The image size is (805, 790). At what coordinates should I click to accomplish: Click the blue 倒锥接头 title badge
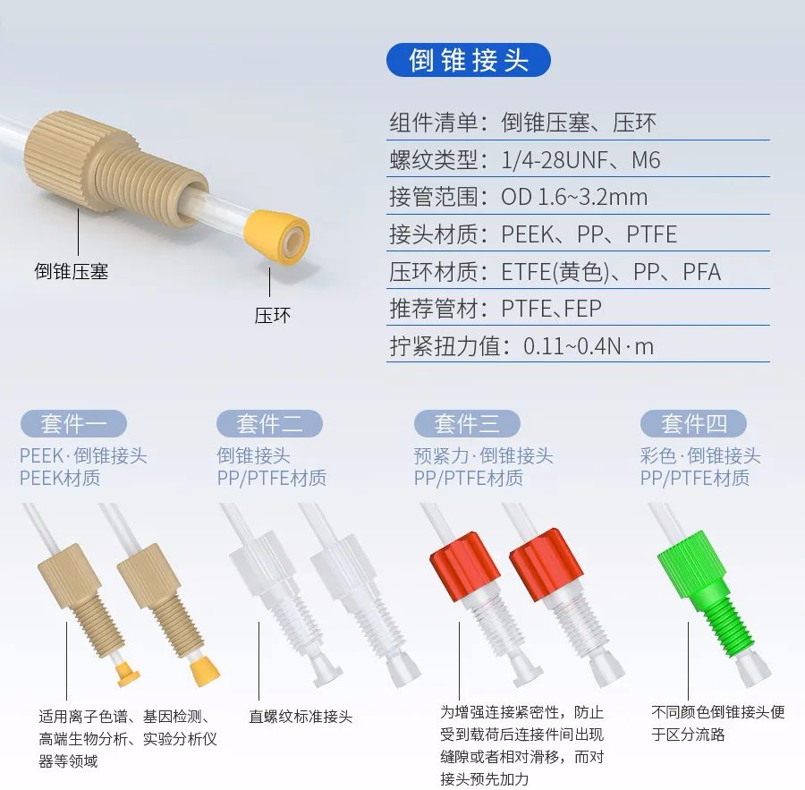(x=468, y=60)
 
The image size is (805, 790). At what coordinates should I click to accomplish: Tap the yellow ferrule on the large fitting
(x=277, y=237)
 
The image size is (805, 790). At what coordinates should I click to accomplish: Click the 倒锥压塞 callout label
(x=72, y=271)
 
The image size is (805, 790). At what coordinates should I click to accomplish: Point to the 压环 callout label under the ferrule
(x=273, y=315)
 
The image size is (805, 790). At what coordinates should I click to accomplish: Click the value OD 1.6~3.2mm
(x=574, y=197)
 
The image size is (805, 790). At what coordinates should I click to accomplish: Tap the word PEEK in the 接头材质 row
(x=527, y=234)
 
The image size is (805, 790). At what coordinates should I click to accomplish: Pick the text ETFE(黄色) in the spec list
(x=555, y=272)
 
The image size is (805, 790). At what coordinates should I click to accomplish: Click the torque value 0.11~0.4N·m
(x=589, y=346)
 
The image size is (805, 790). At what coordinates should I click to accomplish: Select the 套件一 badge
(x=73, y=424)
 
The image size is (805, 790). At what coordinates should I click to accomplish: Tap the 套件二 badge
(x=269, y=424)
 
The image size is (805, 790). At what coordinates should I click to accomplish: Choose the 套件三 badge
(x=467, y=424)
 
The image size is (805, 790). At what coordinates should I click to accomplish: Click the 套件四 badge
(x=693, y=424)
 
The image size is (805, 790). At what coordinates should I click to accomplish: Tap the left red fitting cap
(x=464, y=566)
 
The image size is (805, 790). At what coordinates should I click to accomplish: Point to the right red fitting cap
(x=546, y=564)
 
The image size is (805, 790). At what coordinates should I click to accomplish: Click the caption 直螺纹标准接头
(x=301, y=717)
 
